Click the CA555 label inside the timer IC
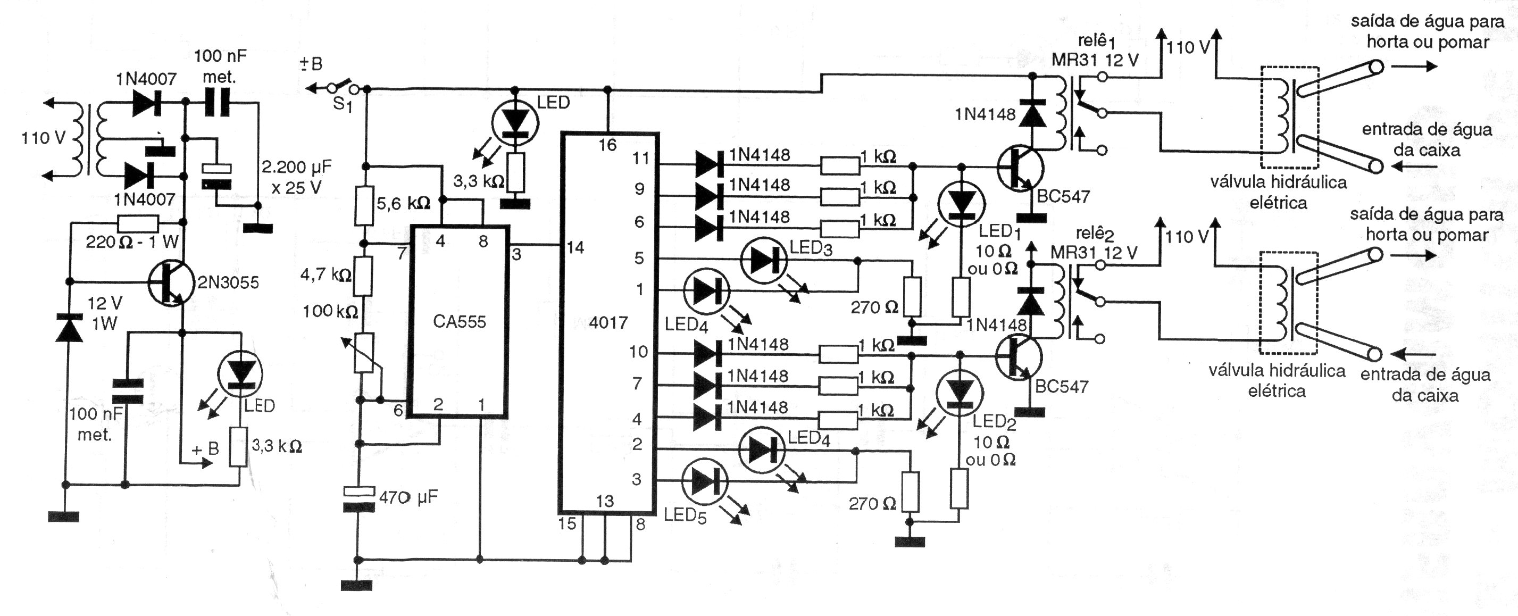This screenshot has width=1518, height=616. click(x=459, y=322)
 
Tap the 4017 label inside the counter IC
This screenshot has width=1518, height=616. click(x=608, y=322)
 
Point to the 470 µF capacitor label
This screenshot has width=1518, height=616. click(x=408, y=497)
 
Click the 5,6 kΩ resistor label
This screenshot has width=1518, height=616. click(x=403, y=203)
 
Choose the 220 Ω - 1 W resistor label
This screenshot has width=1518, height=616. click(x=131, y=242)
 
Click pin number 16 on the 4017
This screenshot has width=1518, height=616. click(x=607, y=145)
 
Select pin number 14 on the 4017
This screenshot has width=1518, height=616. click(x=575, y=247)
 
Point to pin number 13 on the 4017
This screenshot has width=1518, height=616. click(x=605, y=501)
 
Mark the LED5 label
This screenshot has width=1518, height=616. click(x=685, y=516)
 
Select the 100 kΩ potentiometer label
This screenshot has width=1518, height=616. click(x=330, y=311)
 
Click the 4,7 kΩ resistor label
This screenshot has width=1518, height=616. click(x=326, y=274)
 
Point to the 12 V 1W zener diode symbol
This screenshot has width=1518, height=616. click(x=69, y=328)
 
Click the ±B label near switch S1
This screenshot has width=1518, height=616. click(x=312, y=64)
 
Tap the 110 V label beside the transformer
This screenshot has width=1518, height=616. click(x=43, y=138)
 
